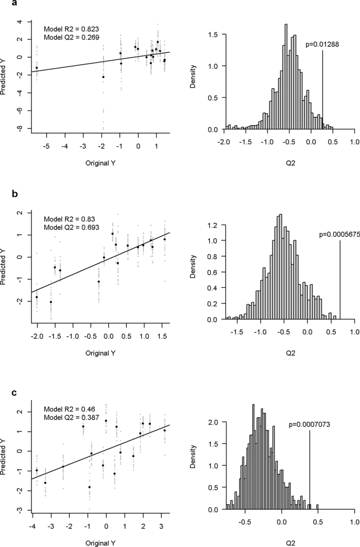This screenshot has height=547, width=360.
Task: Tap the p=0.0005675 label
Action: coord(339,235)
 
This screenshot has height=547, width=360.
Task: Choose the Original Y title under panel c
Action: coord(100,541)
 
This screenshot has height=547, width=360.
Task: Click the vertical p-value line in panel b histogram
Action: coord(340,279)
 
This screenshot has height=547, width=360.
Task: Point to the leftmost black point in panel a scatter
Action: coord(37,68)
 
